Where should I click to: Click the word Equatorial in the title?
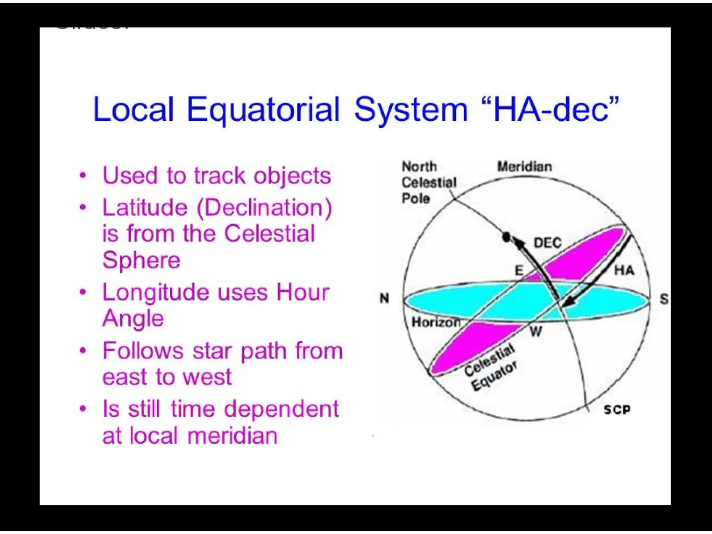click(x=263, y=110)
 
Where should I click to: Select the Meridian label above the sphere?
click(x=524, y=167)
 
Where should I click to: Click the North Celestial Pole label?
click(x=428, y=183)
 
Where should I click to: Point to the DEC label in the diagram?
click(x=547, y=243)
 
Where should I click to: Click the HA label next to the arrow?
click(x=624, y=270)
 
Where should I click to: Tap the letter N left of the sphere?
click(x=384, y=298)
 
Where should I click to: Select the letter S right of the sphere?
click(x=664, y=299)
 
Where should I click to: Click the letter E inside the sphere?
click(x=518, y=270)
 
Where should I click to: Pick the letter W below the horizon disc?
click(x=536, y=332)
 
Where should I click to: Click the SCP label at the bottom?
click(x=617, y=410)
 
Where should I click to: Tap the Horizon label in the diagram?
click(x=436, y=322)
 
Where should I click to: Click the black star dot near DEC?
click(x=507, y=237)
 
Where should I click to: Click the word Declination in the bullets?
click(x=264, y=208)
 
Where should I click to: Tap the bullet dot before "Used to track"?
click(x=83, y=175)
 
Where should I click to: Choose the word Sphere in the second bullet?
click(x=141, y=260)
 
